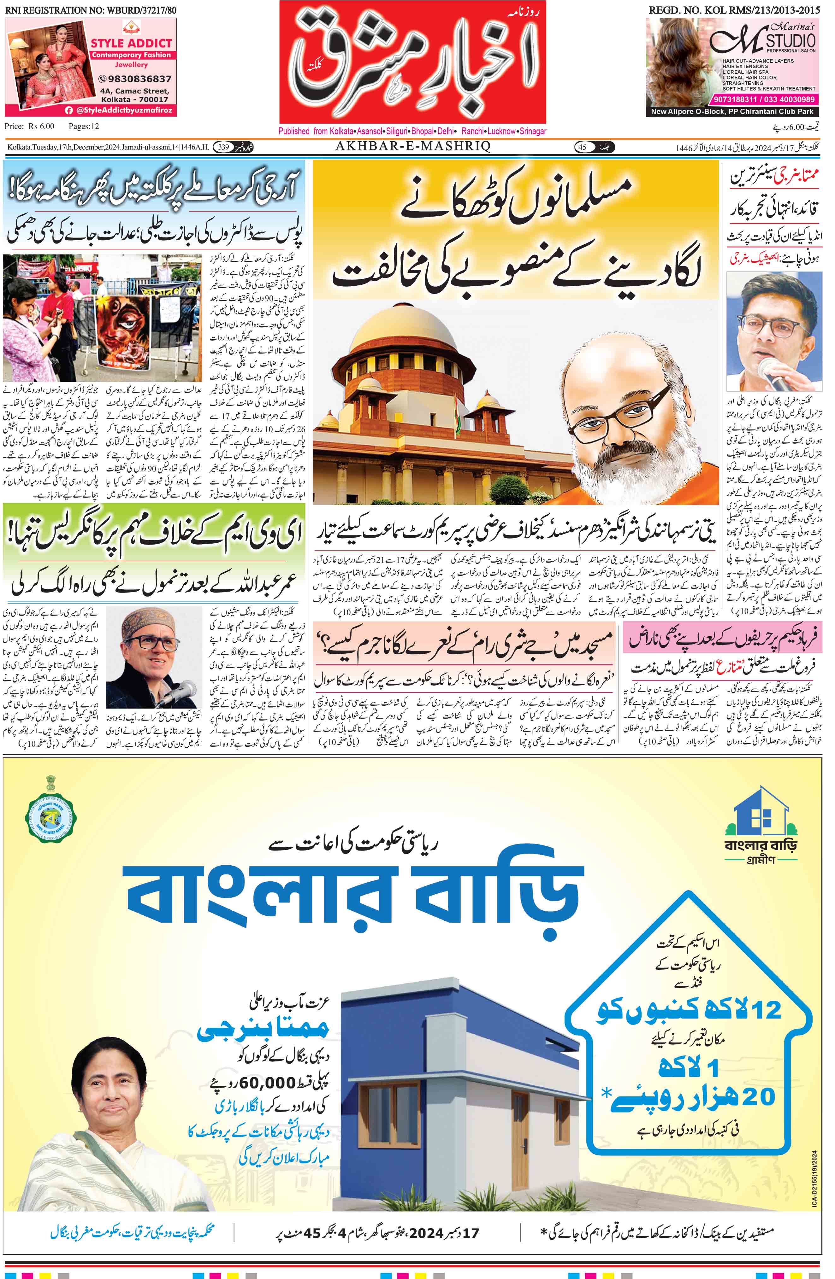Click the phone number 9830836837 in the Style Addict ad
click(x=135, y=79)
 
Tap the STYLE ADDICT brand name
click(x=131, y=43)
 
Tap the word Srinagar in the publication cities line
click(x=532, y=131)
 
